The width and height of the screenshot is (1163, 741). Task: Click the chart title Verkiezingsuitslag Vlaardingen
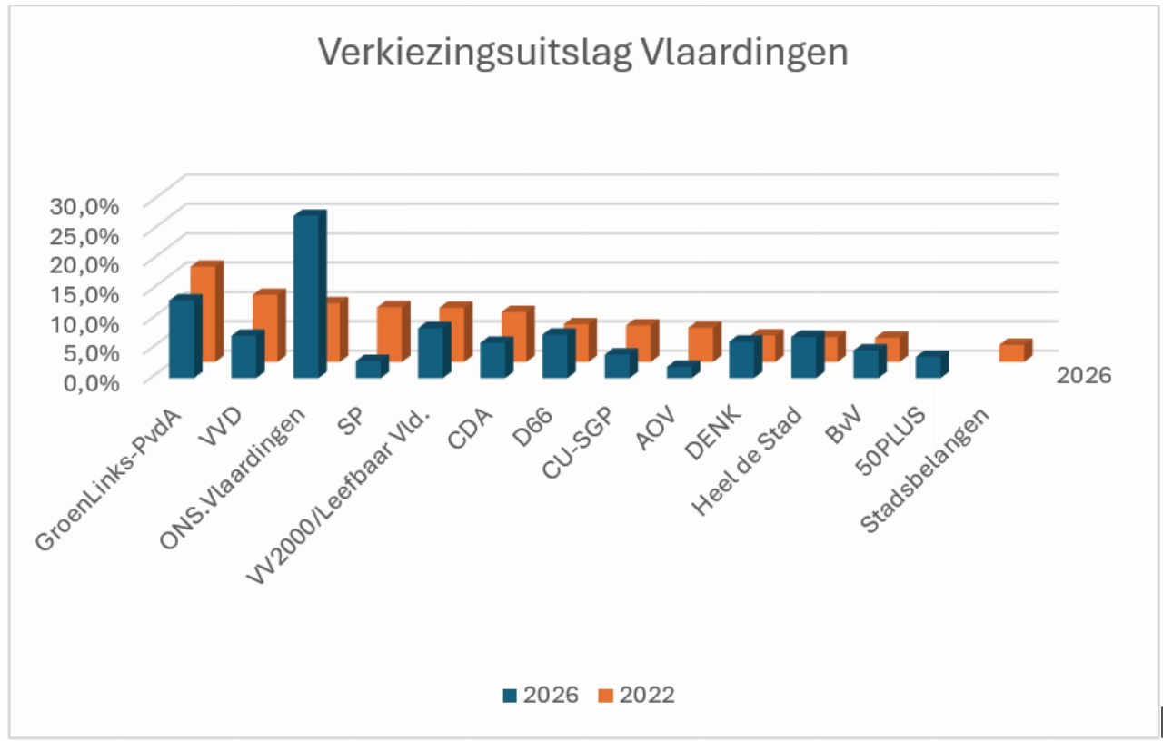(582, 53)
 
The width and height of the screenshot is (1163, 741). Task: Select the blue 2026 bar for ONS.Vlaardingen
(306, 295)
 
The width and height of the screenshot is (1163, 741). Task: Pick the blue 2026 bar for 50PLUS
(928, 366)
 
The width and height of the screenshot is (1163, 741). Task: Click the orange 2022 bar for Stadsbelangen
(1012, 352)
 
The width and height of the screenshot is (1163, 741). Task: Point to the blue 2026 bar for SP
(368, 368)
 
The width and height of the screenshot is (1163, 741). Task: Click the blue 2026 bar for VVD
(244, 356)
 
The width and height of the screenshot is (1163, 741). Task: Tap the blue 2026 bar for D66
(555, 355)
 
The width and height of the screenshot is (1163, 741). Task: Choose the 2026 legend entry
(541, 695)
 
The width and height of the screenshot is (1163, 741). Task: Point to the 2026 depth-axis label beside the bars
(1084, 375)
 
